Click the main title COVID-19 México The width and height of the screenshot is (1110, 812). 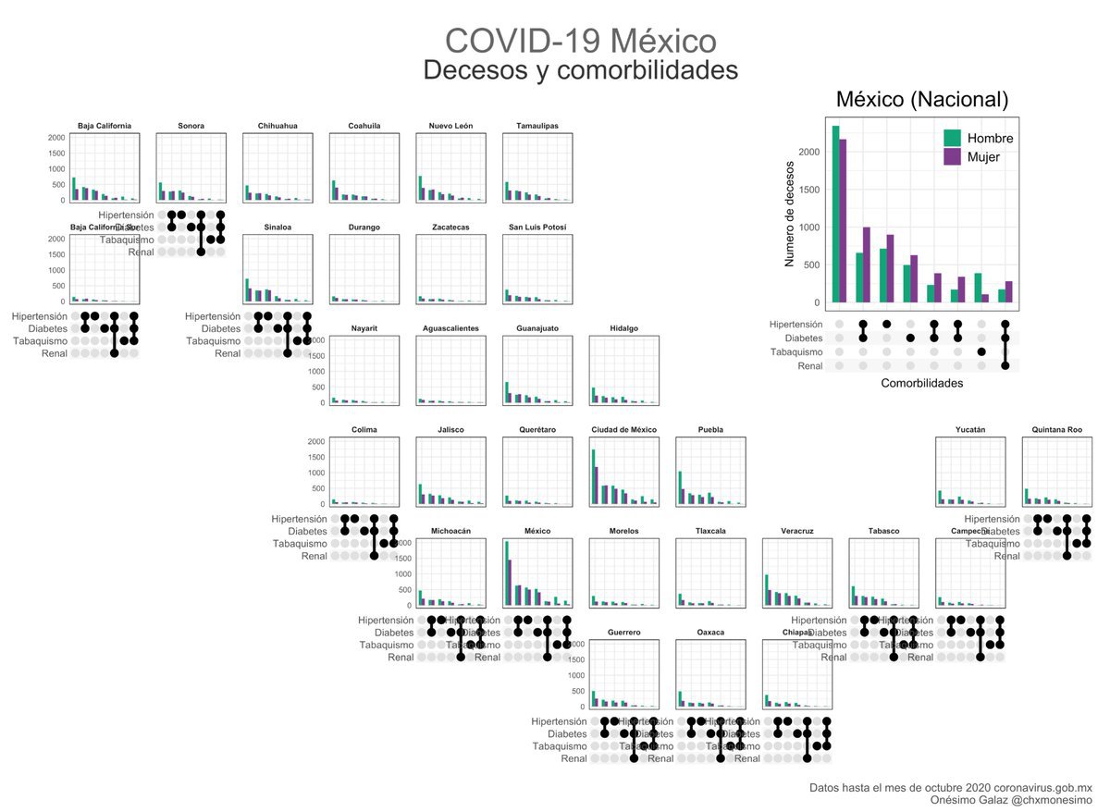pos(580,41)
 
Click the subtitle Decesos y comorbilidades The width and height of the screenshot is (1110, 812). pos(580,70)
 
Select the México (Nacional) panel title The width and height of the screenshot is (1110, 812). pos(921,100)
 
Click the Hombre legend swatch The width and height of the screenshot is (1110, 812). pos(952,139)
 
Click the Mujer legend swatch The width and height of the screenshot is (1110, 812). pos(952,158)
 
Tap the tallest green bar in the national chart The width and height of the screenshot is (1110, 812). pos(835,214)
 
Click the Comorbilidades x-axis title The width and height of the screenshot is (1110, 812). pos(921,383)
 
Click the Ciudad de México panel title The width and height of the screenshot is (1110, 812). pos(623,430)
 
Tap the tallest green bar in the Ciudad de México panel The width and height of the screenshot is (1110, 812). pos(593,477)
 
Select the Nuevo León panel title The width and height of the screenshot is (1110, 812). pos(450,126)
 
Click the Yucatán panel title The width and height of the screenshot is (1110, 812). pos(970,430)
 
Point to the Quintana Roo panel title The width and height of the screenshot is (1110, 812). pos(1057,430)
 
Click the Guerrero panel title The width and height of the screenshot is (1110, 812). pos(623,633)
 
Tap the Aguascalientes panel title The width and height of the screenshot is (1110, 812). pos(450,328)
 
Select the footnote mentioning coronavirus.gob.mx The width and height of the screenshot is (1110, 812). pos(950,787)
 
